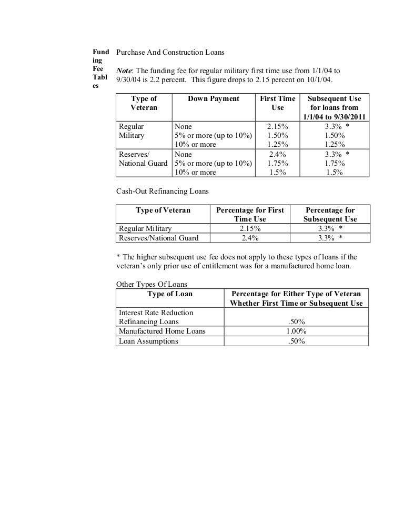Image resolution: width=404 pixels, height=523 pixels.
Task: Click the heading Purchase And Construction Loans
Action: [x=170, y=53]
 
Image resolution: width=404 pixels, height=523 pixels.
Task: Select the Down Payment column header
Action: [x=213, y=98]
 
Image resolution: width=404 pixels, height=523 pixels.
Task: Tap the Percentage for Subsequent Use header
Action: [x=330, y=214]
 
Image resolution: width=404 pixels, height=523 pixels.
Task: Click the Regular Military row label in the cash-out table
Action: [x=145, y=228]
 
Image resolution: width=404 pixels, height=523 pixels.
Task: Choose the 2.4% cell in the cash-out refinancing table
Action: [x=250, y=238]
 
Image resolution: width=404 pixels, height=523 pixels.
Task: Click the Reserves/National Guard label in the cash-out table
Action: [x=159, y=238]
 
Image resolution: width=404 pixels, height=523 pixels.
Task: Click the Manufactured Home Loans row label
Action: [x=162, y=331]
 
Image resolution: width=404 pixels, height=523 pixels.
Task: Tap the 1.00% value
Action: [x=297, y=331]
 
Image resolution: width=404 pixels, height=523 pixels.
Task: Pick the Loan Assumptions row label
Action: [x=149, y=341]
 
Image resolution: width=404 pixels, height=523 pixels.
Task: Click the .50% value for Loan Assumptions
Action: [x=297, y=341]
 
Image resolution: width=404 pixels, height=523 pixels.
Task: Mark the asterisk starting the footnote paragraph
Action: [x=118, y=257]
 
